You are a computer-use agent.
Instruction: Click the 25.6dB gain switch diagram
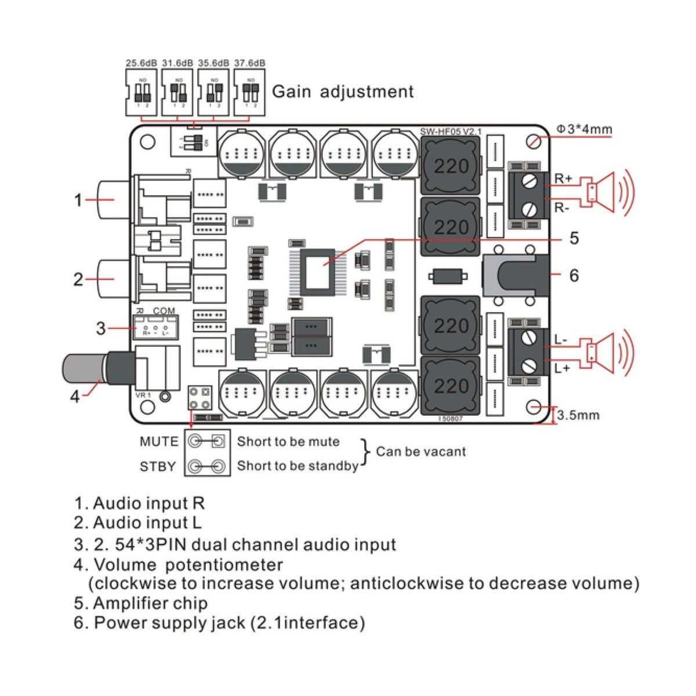(x=142, y=92)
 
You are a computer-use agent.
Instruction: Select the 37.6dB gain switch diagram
(x=250, y=92)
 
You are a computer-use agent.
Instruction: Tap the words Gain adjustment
(x=343, y=92)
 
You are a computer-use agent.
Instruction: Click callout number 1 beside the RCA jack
(x=78, y=200)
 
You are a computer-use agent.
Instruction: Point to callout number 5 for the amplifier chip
(x=574, y=238)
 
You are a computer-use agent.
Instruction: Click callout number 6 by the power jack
(x=574, y=275)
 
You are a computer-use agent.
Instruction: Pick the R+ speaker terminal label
(x=563, y=179)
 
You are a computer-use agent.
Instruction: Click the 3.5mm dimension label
(x=578, y=415)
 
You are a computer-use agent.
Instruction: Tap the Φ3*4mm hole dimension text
(x=584, y=129)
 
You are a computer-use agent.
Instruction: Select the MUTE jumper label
(x=159, y=441)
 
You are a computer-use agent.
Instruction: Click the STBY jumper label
(x=157, y=466)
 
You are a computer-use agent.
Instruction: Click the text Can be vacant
(x=420, y=451)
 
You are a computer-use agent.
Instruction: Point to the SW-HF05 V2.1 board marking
(x=451, y=132)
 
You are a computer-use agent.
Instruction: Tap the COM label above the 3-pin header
(x=164, y=311)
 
